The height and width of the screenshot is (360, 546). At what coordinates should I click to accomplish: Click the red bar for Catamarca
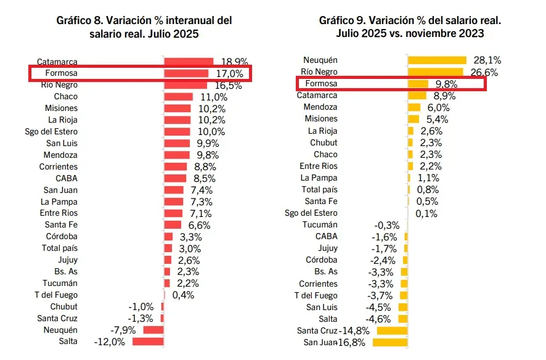click(x=189, y=62)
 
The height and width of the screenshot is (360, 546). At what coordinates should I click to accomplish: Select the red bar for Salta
click(x=149, y=342)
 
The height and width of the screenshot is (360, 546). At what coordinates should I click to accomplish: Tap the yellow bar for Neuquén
click(x=438, y=60)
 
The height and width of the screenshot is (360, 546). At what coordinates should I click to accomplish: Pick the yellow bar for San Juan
click(x=393, y=342)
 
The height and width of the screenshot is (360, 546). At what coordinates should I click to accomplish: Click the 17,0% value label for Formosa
click(x=230, y=74)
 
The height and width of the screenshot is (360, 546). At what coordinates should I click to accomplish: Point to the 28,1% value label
click(x=487, y=60)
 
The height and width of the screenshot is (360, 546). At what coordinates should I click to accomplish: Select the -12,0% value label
click(x=110, y=342)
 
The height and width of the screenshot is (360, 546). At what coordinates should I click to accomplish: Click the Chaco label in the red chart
click(x=65, y=97)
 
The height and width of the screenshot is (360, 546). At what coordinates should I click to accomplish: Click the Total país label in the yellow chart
click(x=319, y=190)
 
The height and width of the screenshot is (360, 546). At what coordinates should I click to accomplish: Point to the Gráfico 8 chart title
click(x=143, y=27)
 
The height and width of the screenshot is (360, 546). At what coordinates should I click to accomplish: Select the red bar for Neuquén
click(x=153, y=330)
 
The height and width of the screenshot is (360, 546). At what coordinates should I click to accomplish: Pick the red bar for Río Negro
click(x=185, y=85)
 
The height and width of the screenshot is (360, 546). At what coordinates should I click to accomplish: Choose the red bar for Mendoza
click(x=177, y=155)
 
